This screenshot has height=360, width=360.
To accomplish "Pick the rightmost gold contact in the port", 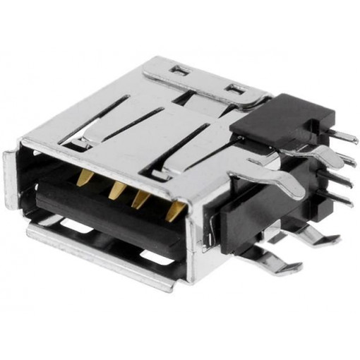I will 172,210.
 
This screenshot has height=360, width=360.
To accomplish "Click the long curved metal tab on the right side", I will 272,177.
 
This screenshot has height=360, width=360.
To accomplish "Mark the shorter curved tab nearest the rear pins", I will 311,149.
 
